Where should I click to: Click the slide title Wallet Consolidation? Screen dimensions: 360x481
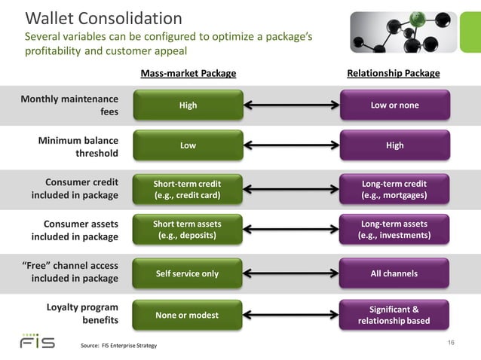[103, 18]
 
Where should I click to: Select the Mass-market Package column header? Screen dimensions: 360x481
[188, 74]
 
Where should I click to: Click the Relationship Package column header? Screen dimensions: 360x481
[393, 74]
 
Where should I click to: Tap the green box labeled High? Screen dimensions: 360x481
[188, 105]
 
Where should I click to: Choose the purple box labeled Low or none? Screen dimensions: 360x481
[394, 105]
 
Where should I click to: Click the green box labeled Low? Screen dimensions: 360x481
[188, 145]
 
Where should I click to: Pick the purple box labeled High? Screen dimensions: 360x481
[394, 145]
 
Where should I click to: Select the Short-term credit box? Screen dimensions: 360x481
[188, 189]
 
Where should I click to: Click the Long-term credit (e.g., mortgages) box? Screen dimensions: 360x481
[394, 189]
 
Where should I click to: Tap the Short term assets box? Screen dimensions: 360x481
[188, 230]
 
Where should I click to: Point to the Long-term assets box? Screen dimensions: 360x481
[394, 230]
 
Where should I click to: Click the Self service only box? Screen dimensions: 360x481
[188, 273]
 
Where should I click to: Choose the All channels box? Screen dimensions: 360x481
[394, 273]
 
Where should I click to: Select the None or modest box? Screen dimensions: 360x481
[188, 315]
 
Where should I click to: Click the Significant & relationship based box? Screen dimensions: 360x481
[394, 316]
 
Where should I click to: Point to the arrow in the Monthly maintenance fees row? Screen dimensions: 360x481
[291, 105]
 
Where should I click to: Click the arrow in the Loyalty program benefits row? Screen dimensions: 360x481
[291, 315]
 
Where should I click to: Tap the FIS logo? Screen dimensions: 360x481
[38, 341]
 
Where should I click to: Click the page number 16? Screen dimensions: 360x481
[452, 343]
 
